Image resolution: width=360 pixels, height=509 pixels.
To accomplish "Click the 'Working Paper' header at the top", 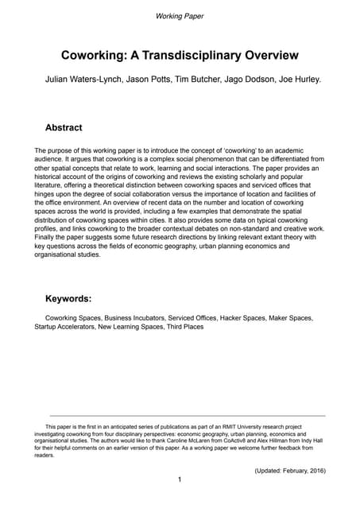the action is [x=180, y=16].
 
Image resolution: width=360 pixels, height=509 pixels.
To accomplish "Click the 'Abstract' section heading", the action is [x=64, y=127].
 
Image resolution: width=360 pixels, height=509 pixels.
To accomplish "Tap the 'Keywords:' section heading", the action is [x=68, y=299].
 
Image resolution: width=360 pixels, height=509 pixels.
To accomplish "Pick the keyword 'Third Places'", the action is [x=185, y=327].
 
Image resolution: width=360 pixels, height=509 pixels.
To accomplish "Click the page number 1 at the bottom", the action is [x=180, y=480].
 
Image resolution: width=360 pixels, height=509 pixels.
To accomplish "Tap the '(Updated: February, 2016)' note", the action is [x=289, y=471].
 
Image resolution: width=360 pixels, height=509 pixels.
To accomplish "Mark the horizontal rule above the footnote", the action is [x=187, y=416].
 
